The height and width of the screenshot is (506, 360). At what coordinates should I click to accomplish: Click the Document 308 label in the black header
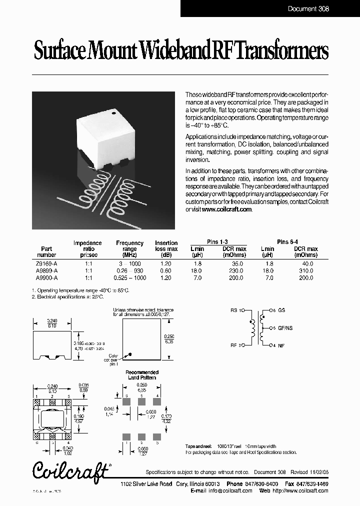(x=308, y=8)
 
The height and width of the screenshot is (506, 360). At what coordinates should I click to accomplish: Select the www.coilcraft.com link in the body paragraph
(x=226, y=209)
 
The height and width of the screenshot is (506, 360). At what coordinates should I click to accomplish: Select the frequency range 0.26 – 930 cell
(x=129, y=270)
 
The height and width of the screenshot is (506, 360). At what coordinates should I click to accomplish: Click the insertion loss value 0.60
(x=166, y=270)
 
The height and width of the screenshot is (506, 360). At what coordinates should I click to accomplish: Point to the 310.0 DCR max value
(x=305, y=270)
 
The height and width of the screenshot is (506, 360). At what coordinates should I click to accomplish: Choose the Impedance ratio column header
(x=87, y=245)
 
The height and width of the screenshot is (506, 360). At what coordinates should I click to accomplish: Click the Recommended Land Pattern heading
(x=141, y=375)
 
